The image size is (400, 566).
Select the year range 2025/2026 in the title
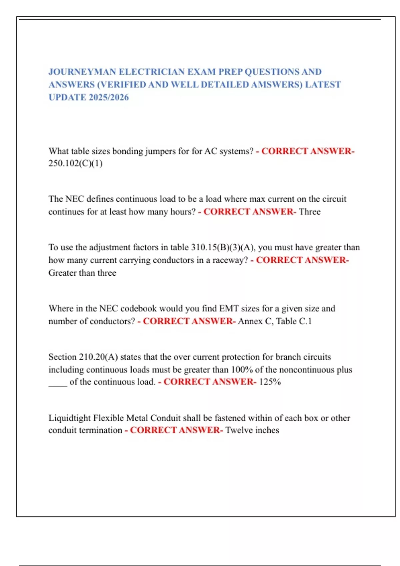coord(109,97)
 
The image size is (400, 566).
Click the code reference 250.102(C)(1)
coord(75,163)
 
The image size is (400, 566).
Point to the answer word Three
coord(310,212)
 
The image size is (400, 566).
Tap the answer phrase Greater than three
coord(82,273)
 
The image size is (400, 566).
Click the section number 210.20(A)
coord(98,357)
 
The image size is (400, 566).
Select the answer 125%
coord(270,382)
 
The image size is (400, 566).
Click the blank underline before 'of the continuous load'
coord(58,383)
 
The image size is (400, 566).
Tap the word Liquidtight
coord(70,418)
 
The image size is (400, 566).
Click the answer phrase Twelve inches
coord(252,430)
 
